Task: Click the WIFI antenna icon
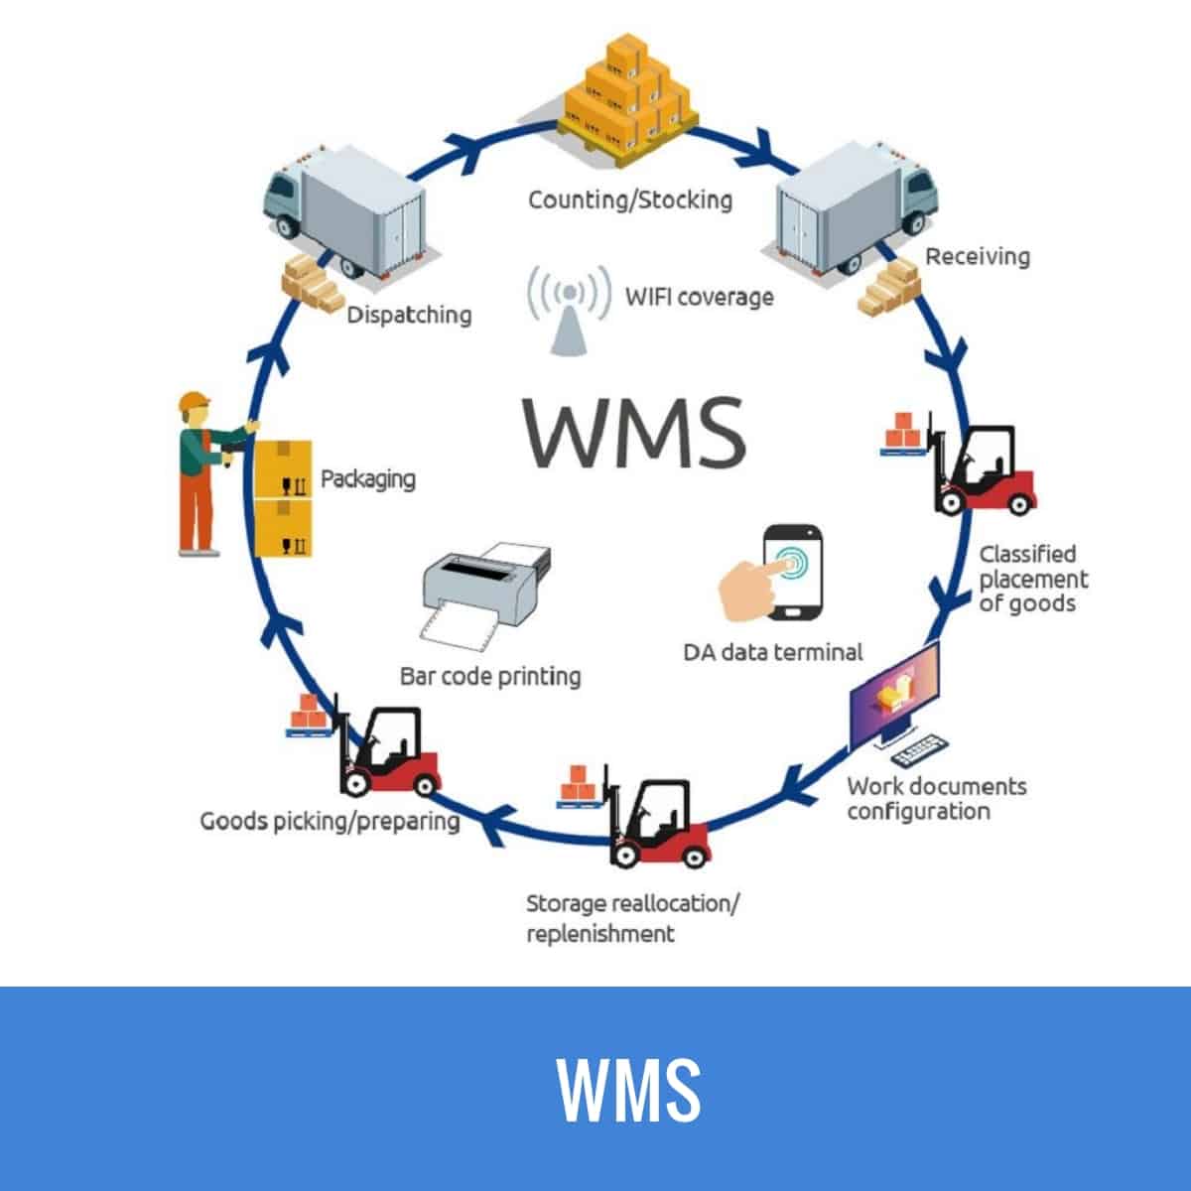(569, 309)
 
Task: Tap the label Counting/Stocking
(629, 199)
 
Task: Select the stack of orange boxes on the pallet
(627, 95)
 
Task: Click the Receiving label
(977, 256)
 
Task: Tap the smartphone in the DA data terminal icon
(793, 572)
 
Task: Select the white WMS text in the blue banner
(627, 1089)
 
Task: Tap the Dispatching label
(408, 316)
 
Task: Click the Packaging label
(367, 479)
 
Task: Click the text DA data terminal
(772, 652)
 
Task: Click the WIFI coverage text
(698, 296)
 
